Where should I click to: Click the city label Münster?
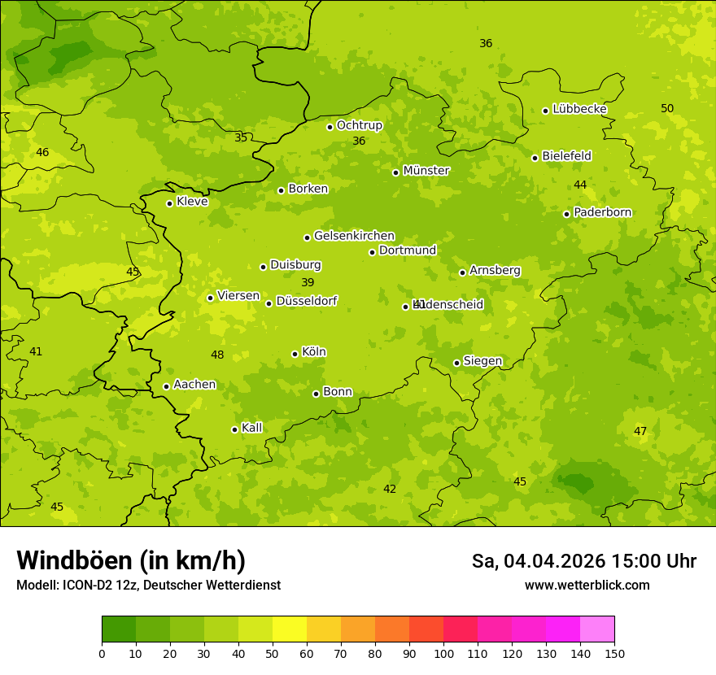[426, 171]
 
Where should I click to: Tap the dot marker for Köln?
[295, 354]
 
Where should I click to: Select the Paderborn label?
[602, 212]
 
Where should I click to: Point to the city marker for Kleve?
[169, 203]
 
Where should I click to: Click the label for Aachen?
[194, 385]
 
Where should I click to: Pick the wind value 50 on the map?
[667, 108]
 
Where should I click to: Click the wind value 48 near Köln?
[217, 355]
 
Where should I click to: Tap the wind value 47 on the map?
[640, 431]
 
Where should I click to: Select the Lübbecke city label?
[579, 109]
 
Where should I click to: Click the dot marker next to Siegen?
[456, 363]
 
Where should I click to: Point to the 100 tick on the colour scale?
[443, 653]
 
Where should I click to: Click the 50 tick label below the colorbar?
[273, 653]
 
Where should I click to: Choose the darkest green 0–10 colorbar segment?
[119, 629]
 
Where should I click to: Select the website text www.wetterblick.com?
[587, 585]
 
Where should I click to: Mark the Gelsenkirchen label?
[354, 236]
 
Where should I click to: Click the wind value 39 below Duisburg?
[308, 282]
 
